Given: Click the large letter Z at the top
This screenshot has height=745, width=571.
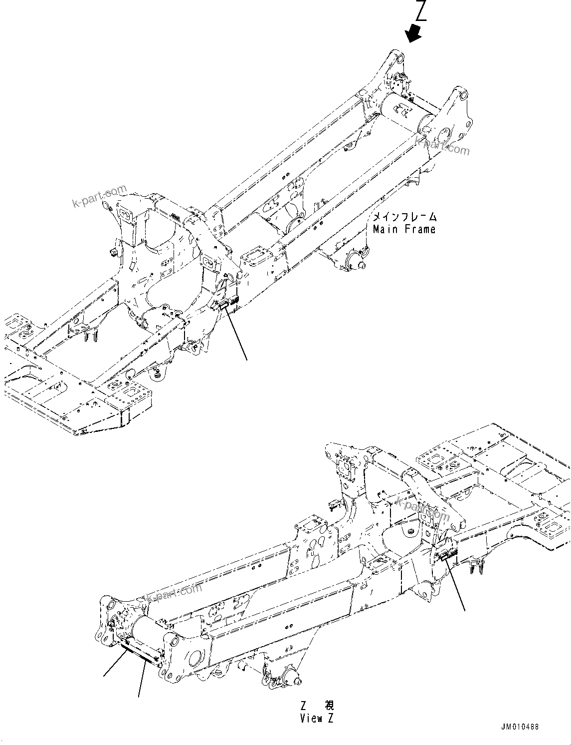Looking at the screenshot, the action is [421, 11].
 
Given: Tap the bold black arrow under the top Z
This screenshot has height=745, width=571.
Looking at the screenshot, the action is [413, 34].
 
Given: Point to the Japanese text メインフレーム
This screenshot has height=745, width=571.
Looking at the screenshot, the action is [405, 217].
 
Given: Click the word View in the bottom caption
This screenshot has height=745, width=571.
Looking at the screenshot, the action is [311, 719].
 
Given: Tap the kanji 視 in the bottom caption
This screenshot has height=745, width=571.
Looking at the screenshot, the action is [329, 706].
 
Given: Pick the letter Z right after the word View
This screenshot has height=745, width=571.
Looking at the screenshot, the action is [330, 719].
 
